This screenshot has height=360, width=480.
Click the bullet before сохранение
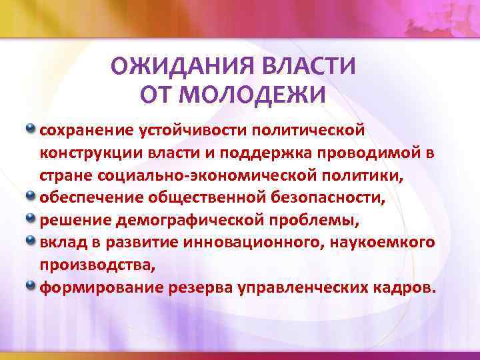pyautogui.click(x=31, y=126)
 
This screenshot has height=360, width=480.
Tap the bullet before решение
pyautogui.click(x=31, y=218)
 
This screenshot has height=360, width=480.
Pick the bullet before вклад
pyautogui.click(x=31, y=241)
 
